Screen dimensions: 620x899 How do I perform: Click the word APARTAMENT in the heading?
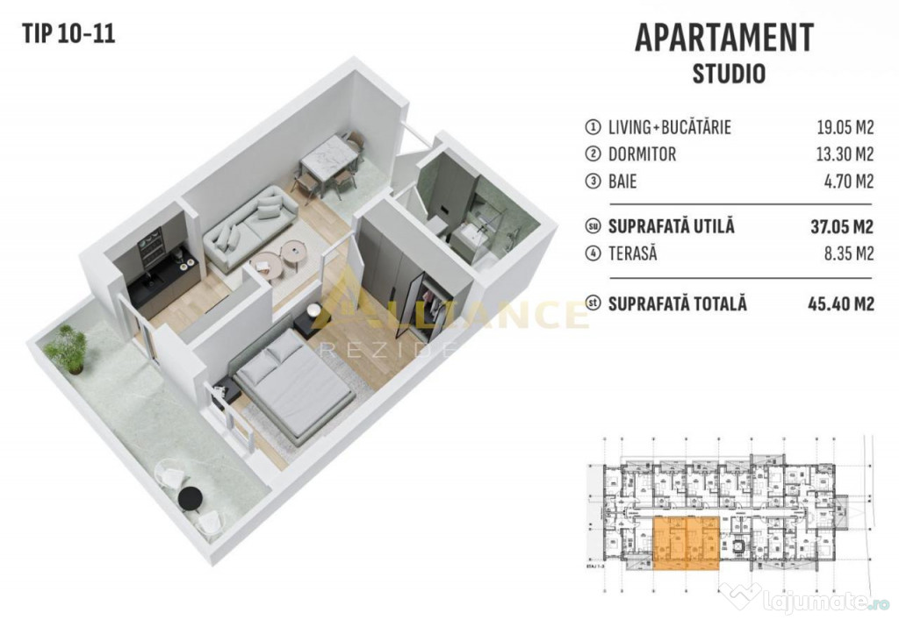(x=723, y=38)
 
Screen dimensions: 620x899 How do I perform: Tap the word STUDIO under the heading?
(x=729, y=73)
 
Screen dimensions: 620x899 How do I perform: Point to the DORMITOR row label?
(x=642, y=154)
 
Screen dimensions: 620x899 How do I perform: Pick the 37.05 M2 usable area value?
(x=840, y=227)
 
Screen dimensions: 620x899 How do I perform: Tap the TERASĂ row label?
(x=632, y=255)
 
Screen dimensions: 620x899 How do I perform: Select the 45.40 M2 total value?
(x=840, y=304)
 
